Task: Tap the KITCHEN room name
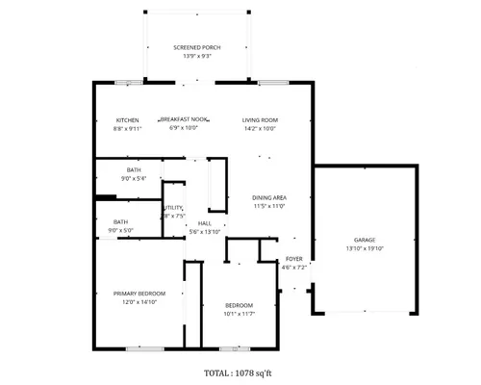[x=128, y=119]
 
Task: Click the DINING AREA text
[x=269, y=198]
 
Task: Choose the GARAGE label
[x=365, y=240]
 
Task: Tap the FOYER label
[x=294, y=260]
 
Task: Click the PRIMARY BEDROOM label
[x=139, y=294]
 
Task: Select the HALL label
[x=204, y=223]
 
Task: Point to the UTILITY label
[x=173, y=208]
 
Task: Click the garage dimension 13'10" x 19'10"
[x=365, y=248]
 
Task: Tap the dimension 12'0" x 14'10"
[x=139, y=302]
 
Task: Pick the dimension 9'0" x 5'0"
[x=119, y=231]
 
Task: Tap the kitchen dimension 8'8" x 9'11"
[x=128, y=128]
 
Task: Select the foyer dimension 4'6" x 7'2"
[x=294, y=269]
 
